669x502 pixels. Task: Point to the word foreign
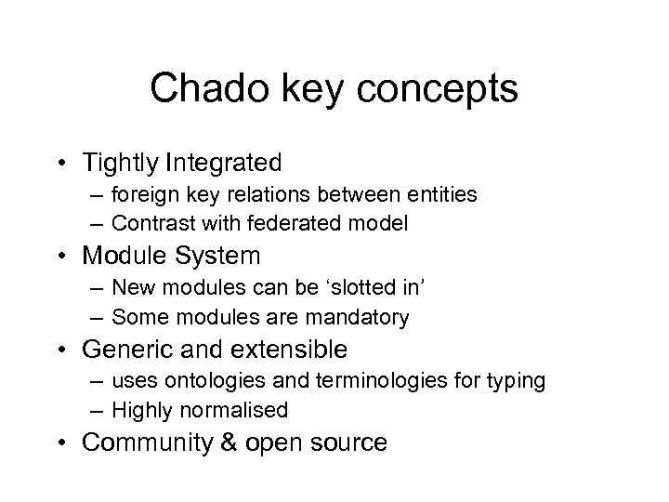[x=139, y=194]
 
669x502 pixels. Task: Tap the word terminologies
[x=358, y=381]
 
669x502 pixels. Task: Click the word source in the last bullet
[x=346, y=443]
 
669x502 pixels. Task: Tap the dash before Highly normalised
[x=98, y=410]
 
